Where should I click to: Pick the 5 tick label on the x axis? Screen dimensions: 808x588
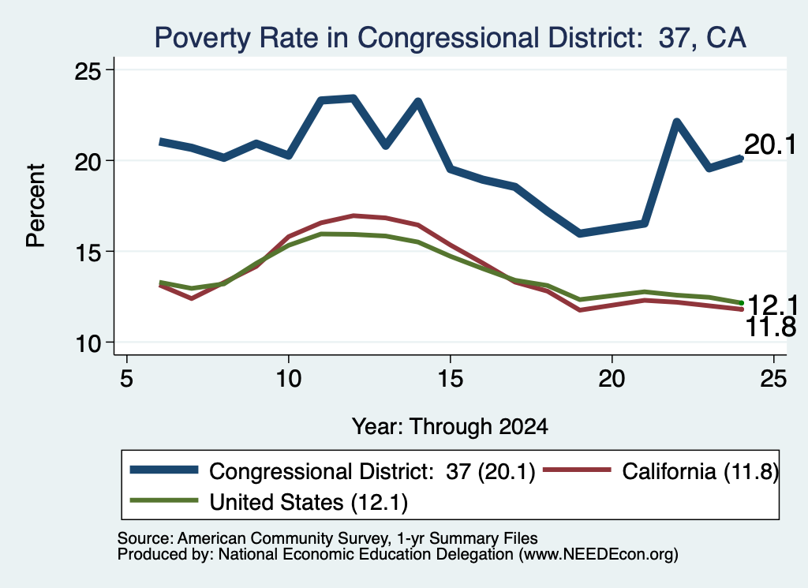[x=127, y=379]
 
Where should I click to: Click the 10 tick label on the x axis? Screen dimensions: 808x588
[x=289, y=379]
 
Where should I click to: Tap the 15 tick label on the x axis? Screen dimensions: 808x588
[x=451, y=379]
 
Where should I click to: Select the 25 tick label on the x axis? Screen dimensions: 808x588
[x=773, y=379]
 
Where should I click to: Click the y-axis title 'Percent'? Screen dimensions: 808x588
[x=36, y=206]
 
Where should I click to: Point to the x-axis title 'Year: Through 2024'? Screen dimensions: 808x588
[x=450, y=427]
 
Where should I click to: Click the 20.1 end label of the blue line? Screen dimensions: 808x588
[x=770, y=144]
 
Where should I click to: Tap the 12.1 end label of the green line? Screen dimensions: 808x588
[x=772, y=305]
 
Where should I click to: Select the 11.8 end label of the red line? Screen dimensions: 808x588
[x=771, y=328]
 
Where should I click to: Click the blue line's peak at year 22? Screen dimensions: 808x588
[x=676, y=122]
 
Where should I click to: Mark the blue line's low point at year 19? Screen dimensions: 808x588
[x=580, y=234]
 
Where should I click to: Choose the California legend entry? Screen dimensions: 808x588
[x=661, y=471]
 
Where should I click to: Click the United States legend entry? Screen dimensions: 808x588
[x=269, y=502]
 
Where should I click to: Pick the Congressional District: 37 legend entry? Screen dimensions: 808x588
[x=333, y=471]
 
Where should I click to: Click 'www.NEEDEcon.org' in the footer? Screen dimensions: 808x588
[x=599, y=555]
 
